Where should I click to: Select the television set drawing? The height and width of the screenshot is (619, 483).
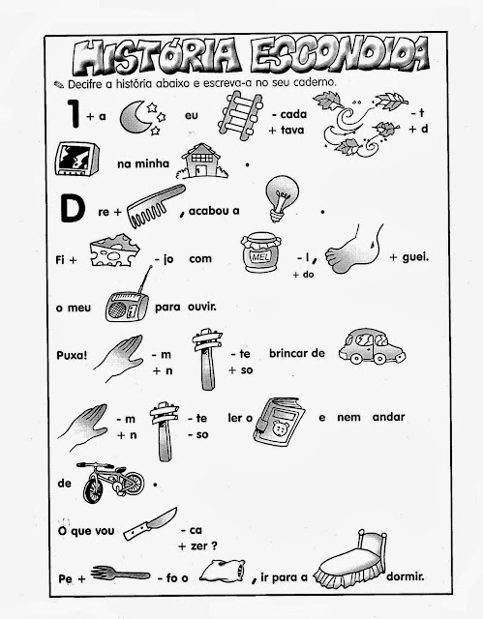tap(77, 159)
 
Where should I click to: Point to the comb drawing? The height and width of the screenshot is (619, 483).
tap(156, 206)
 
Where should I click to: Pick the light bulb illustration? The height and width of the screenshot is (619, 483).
tap(282, 197)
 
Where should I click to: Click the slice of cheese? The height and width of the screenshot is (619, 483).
tap(114, 251)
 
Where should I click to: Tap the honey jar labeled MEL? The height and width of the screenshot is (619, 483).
tap(260, 252)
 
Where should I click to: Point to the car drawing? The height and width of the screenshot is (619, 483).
tap(372, 346)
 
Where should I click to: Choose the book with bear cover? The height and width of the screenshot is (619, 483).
tap(279, 422)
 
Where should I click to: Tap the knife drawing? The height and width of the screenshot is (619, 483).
tap(150, 524)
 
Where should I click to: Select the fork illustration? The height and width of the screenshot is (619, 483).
tap(120, 574)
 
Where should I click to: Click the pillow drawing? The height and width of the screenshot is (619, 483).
tap(223, 571)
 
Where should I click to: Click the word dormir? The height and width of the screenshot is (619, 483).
tap(406, 576)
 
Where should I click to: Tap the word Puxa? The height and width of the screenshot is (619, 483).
tap(72, 355)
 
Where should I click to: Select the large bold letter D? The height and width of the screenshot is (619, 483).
tap(73, 209)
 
